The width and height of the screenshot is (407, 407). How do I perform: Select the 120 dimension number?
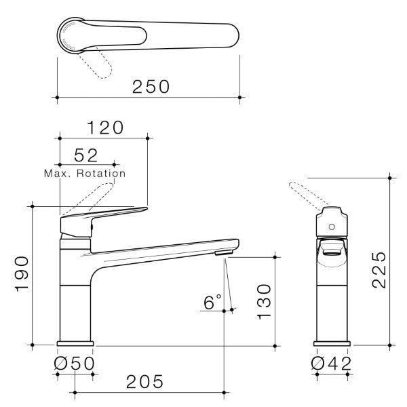[x=104, y=127]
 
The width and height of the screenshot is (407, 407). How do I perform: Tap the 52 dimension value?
[x=87, y=156]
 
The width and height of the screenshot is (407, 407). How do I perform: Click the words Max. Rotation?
[x=85, y=174]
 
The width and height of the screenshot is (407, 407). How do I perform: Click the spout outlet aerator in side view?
[x=224, y=253]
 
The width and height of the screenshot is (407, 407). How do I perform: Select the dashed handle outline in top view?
[x=96, y=65]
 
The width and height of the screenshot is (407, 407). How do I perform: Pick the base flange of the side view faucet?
[x=74, y=342]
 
